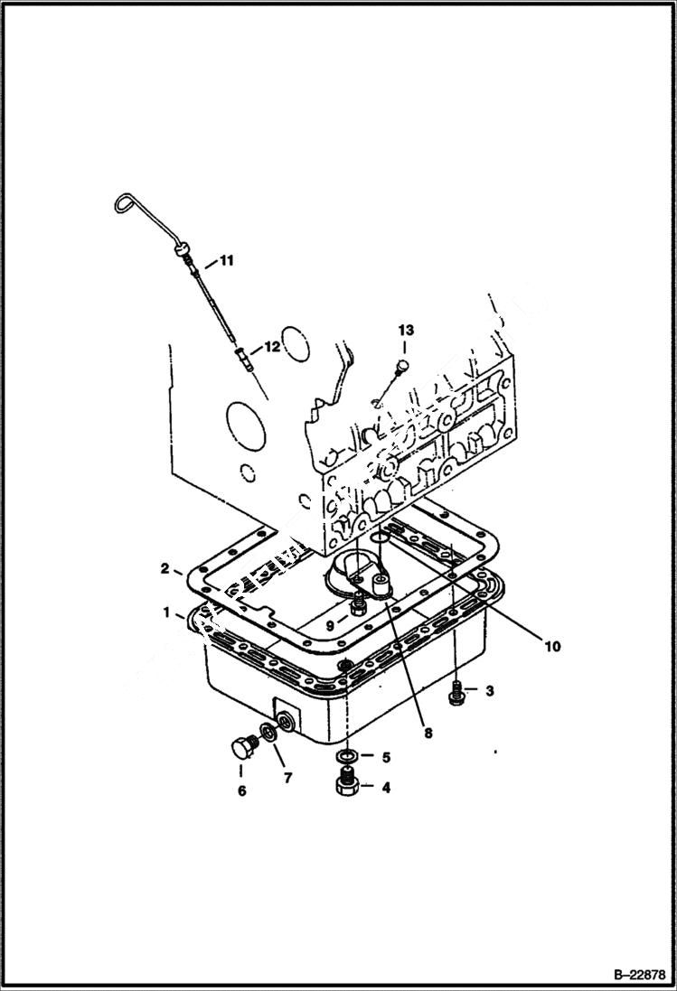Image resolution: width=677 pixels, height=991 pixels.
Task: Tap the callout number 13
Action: click(404, 331)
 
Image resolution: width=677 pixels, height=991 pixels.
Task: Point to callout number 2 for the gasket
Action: click(165, 568)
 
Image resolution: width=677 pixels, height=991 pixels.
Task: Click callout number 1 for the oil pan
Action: click(166, 612)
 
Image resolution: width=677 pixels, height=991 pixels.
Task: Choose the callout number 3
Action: click(489, 692)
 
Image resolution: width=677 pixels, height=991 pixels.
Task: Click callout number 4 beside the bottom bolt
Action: click(386, 788)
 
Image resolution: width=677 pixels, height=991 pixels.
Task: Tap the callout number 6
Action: click(241, 791)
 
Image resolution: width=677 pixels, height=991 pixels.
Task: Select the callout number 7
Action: click(288, 777)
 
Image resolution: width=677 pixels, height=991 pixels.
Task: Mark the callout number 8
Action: click(427, 734)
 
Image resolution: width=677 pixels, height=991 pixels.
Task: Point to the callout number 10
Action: click(551, 646)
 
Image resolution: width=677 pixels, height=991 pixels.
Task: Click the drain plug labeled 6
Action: click(241, 748)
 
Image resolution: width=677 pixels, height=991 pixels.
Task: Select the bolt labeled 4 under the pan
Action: click(346, 782)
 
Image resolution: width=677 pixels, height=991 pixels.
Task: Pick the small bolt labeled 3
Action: click(457, 692)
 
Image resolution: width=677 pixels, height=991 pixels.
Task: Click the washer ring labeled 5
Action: click(345, 754)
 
